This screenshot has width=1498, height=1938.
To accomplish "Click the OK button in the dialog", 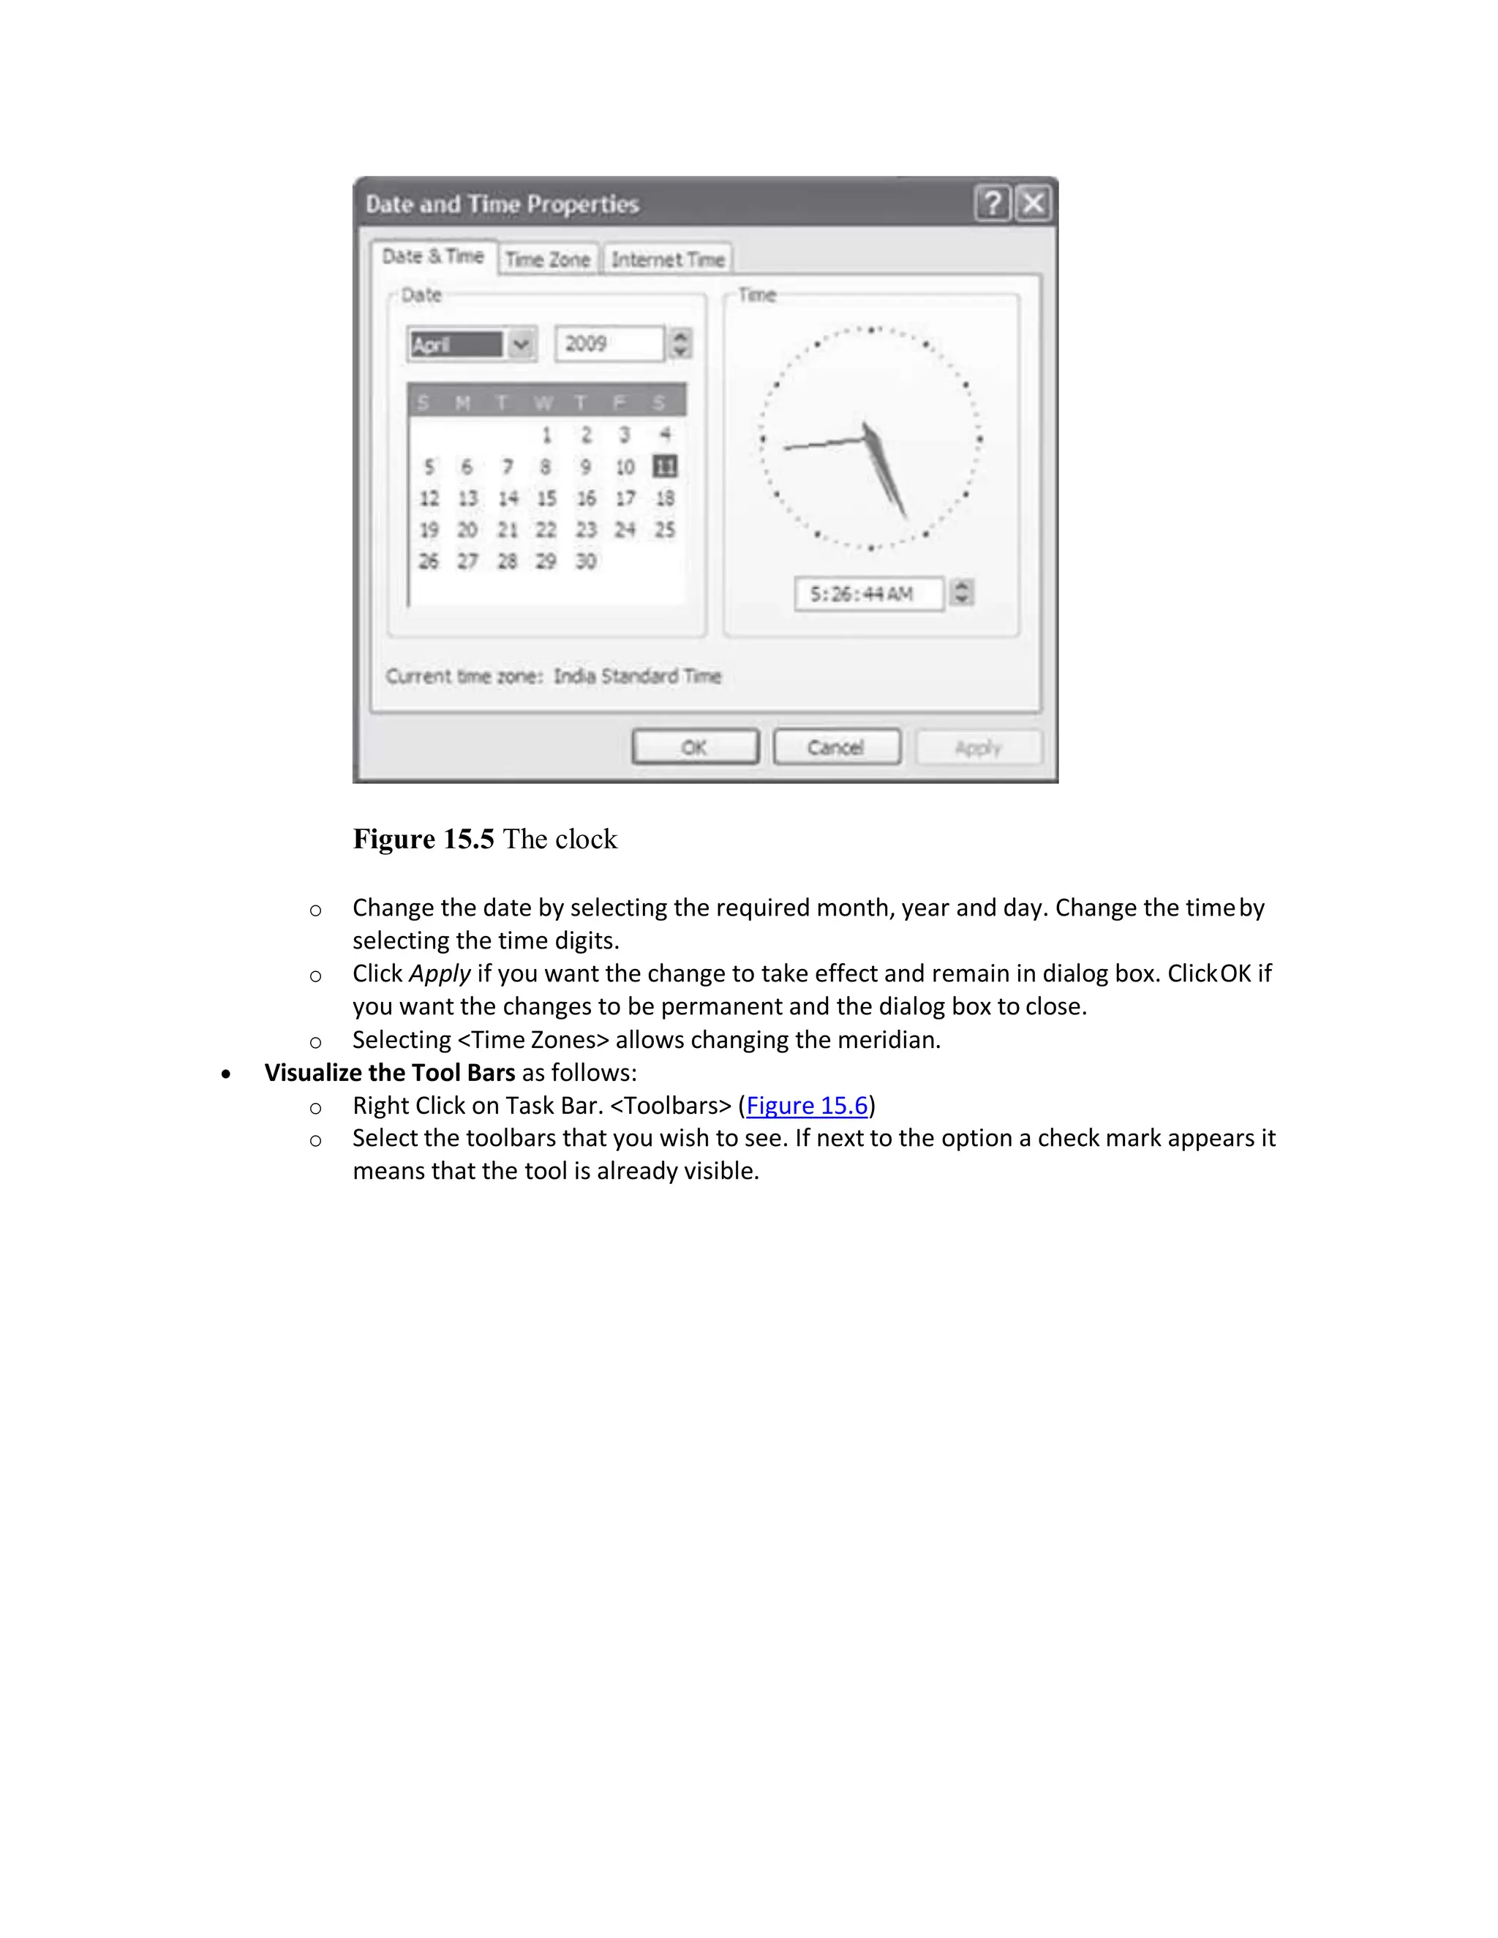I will pyautogui.click(x=695, y=747).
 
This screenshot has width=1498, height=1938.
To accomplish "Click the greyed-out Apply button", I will pyautogui.click(x=978, y=747).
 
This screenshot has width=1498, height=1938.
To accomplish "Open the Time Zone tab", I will pyautogui.click(x=548, y=259).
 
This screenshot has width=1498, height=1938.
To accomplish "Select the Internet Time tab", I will pyautogui.click(x=667, y=259).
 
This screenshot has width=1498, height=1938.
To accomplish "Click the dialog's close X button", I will pyautogui.click(x=1033, y=204).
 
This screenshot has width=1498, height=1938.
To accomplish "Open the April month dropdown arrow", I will pyautogui.click(x=522, y=344).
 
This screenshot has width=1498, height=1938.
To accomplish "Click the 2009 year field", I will pyautogui.click(x=608, y=344).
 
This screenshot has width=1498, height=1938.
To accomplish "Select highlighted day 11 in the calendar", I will pyautogui.click(x=664, y=466).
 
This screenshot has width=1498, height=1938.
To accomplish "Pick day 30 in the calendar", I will pyautogui.click(x=586, y=561).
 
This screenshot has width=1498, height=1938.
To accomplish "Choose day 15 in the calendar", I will pyautogui.click(x=546, y=498).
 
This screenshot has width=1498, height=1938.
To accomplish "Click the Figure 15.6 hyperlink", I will pyautogui.click(x=807, y=1106).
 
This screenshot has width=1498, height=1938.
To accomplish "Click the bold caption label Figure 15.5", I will pyautogui.click(x=424, y=839).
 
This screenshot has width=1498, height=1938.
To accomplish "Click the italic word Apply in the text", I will pyautogui.click(x=440, y=973).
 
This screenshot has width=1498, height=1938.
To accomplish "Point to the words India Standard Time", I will pyautogui.click(x=637, y=676).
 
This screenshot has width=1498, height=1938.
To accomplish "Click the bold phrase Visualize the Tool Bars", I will pyautogui.click(x=390, y=1073).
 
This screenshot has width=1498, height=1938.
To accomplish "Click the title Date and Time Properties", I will pyautogui.click(x=503, y=204).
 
